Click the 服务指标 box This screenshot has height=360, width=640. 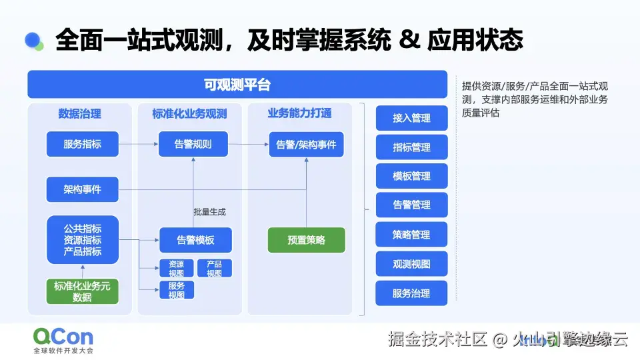tap(82, 144)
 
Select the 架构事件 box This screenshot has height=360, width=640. tap(82, 189)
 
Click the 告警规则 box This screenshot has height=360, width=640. tap(193, 144)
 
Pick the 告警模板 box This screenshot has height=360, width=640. tap(195, 240)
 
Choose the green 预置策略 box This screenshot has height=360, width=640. tap(307, 240)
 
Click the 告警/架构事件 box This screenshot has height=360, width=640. tap(306, 144)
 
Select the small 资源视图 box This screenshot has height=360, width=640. tap(176, 269)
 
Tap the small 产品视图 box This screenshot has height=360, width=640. tap(214, 269)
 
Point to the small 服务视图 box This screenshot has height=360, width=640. tap(176, 291)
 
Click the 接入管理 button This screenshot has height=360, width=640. tap(411, 118)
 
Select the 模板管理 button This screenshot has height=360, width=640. tap(411, 176)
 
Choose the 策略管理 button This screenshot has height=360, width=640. tap(411, 235)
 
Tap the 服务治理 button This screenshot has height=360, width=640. tap(411, 293)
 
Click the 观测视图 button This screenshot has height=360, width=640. tap(411, 264)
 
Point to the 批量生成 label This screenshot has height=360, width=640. tap(209, 212)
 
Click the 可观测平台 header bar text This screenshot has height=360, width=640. tap(237, 85)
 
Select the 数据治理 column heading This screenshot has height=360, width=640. tap(79, 113)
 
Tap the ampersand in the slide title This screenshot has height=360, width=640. tap(407, 40)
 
